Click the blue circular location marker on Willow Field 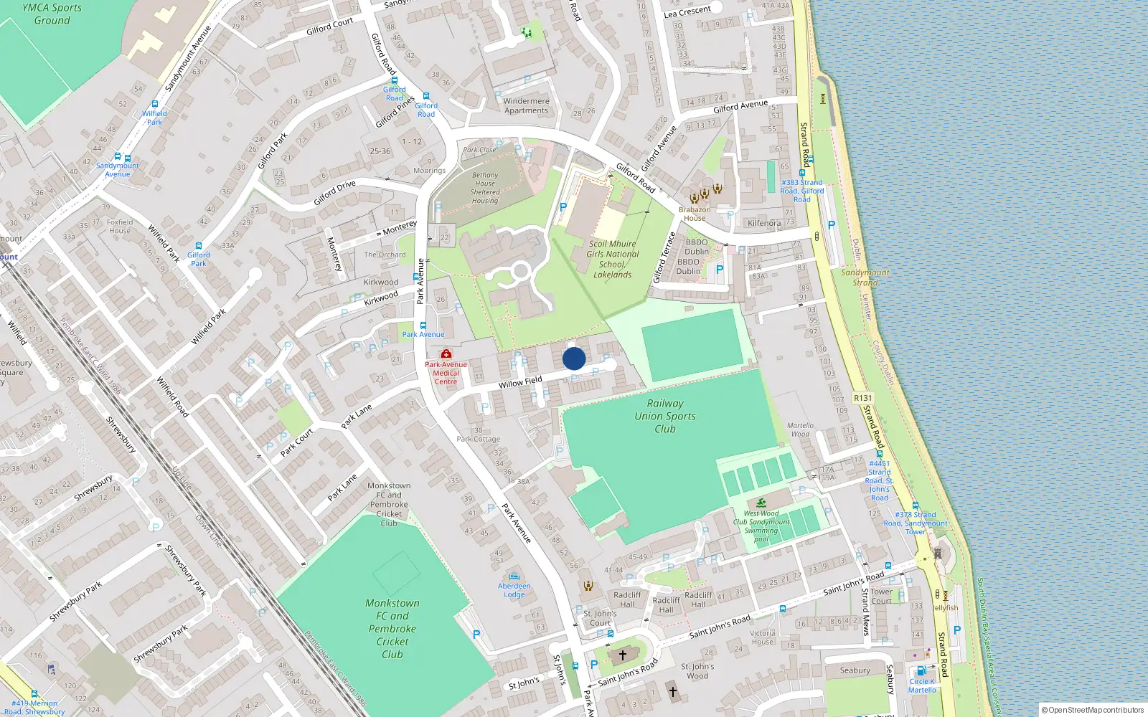click(574, 358)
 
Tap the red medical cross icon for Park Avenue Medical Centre click(446, 354)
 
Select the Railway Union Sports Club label click(665, 416)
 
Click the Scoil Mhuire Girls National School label click(612, 259)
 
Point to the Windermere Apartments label click(526, 105)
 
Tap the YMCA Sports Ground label click(52, 14)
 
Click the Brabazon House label click(694, 214)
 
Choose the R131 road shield click(862, 398)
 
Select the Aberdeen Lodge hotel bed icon click(514, 576)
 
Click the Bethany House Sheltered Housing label click(485, 188)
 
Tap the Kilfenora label click(764, 223)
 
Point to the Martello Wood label click(800, 429)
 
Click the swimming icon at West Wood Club click(761, 503)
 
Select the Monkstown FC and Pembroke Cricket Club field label click(392, 629)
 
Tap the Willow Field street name click(520, 383)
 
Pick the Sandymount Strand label click(865, 277)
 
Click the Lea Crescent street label click(687, 12)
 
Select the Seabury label click(855, 670)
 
